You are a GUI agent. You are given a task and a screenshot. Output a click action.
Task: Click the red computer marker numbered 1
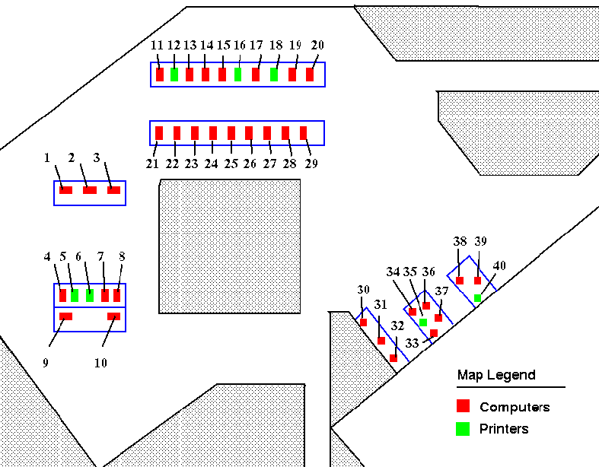[66, 189]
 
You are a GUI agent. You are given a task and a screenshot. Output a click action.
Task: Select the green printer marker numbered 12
[174, 75]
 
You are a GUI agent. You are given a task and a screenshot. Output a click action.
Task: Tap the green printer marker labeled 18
[274, 75]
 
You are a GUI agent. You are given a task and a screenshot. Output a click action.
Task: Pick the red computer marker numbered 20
[310, 75]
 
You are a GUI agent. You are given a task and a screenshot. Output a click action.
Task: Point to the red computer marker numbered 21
[159, 133]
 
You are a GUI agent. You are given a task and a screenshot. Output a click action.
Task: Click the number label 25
[231, 164]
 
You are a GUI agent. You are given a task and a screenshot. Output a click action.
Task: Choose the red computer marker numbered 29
[303, 133]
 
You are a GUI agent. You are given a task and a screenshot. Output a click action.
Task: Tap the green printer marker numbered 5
[75, 295]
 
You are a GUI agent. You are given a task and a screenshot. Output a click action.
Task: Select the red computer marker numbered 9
[65, 316]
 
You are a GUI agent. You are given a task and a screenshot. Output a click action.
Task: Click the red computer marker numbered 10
[114, 316]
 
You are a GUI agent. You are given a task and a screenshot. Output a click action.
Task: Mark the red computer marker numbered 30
[363, 322]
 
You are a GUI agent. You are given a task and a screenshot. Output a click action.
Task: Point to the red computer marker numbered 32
[393, 357]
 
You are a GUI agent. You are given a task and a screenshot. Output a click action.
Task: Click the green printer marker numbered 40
[477, 298]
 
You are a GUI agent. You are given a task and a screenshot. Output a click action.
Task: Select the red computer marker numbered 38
[460, 281]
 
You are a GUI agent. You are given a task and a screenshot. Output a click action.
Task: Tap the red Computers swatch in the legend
[463, 406]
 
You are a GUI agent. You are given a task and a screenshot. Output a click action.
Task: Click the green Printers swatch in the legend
[463, 428]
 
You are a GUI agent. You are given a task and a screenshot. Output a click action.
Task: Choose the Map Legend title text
[496, 375]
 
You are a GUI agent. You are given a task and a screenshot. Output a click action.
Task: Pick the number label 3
[97, 158]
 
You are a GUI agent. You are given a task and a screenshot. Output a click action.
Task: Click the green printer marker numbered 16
[237, 75]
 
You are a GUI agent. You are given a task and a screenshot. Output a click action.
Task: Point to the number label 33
[412, 344]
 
